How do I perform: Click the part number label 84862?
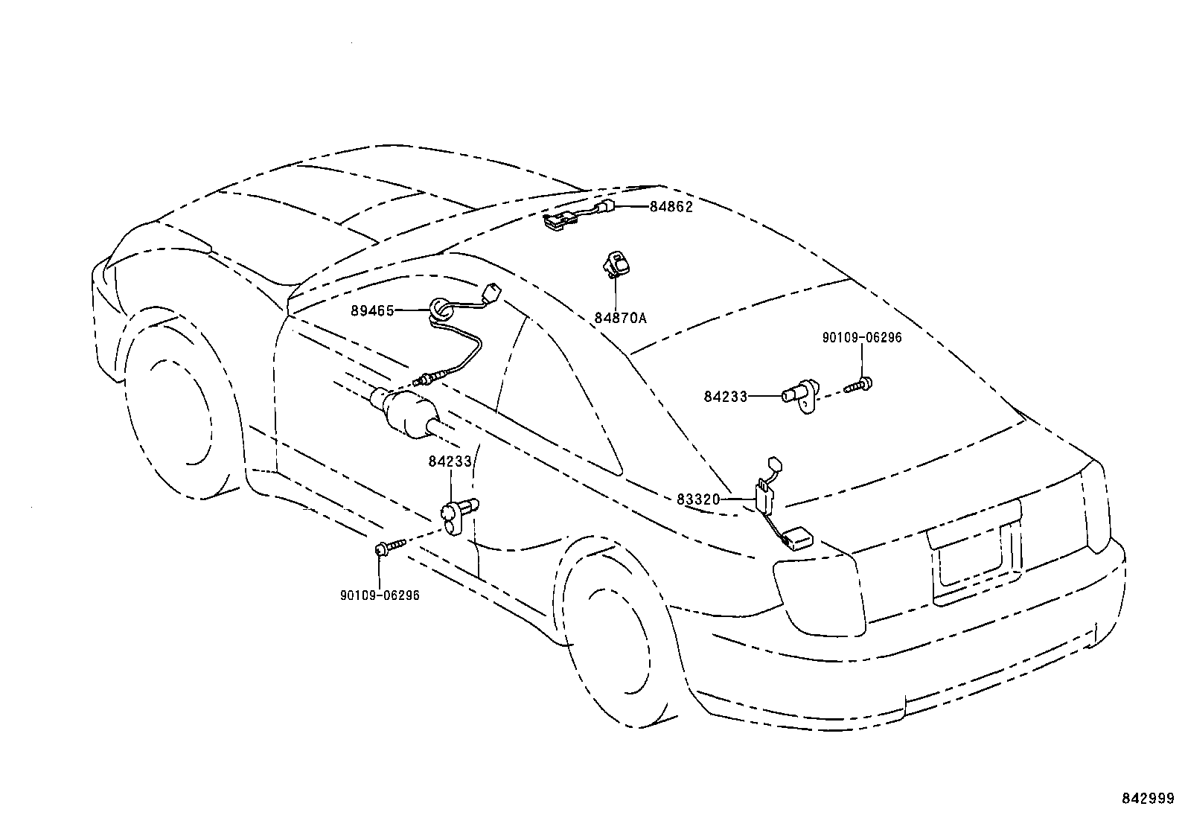(671, 207)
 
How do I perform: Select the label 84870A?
(620, 318)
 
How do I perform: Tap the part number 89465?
(372, 311)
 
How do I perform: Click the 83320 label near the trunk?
(698, 499)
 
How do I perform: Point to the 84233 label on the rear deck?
(725, 397)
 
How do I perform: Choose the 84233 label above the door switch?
(450, 461)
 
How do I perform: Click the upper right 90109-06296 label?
(861, 338)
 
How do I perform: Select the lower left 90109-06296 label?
(380, 595)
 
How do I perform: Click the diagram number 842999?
(1147, 798)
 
